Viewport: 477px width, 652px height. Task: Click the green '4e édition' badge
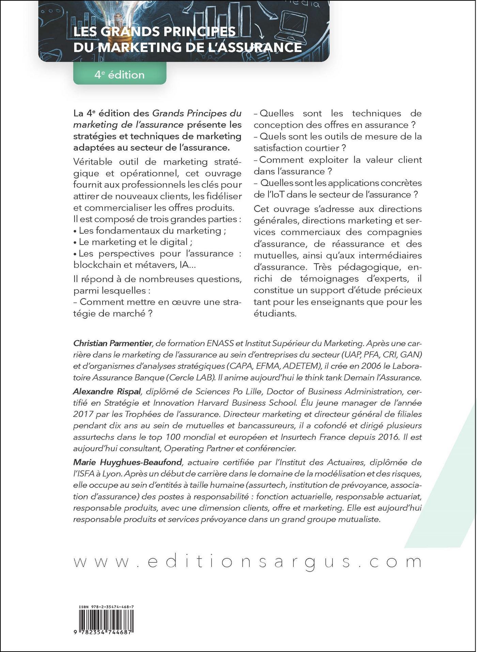120,75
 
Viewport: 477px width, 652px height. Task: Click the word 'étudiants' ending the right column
275,313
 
